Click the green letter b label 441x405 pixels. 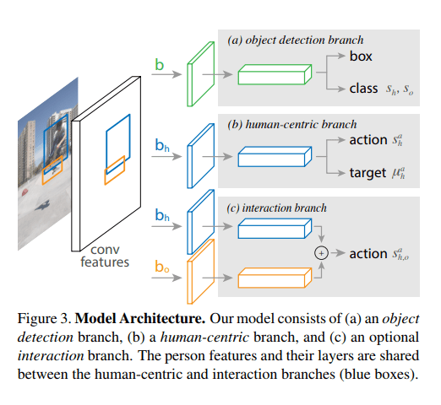pyautogui.click(x=159, y=65)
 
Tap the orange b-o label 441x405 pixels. pyautogui.click(x=162, y=266)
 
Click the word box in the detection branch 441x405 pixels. pyautogui.click(x=361, y=56)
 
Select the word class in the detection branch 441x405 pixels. pyautogui.click(x=363, y=89)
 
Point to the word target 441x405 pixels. pyautogui.click(x=367, y=172)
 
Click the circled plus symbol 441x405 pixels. pyautogui.click(x=321, y=253)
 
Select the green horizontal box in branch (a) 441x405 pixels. pyautogui.click(x=275, y=74)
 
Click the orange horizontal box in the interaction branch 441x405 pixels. pyautogui.click(x=275, y=278)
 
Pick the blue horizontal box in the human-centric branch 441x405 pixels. pyautogui.click(x=275, y=157)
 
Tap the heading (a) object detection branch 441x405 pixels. pyautogui.click(x=296, y=40)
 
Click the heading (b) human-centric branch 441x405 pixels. pyautogui.click(x=292, y=124)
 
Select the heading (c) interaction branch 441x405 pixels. pyautogui.click(x=276, y=208)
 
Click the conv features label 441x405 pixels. pyautogui.click(x=105, y=256)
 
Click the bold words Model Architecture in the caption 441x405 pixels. pyautogui.click(x=140, y=318)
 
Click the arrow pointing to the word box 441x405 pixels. pyautogui.click(x=335, y=56)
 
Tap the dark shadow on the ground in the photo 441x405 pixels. pyautogui.click(x=43, y=206)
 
